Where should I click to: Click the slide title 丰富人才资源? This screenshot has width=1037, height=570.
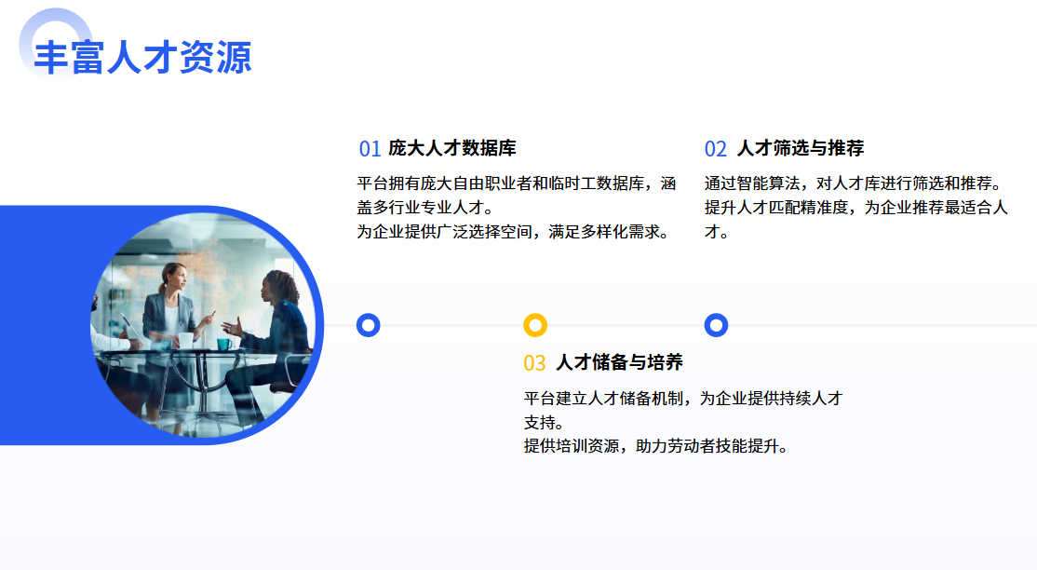[x=142, y=57]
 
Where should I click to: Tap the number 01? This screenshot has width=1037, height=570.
[x=370, y=149]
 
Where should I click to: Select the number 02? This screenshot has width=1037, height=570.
[x=716, y=149]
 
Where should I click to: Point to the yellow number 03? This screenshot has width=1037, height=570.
[x=534, y=363]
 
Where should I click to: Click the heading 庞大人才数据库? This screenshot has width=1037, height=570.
[x=452, y=148]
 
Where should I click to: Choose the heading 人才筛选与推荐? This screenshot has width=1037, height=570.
[x=801, y=148]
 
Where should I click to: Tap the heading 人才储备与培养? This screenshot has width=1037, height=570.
[x=620, y=362]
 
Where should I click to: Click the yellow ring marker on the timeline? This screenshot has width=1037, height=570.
[x=535, y=325]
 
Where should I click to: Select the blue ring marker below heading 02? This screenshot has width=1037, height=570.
[x=716, y=325]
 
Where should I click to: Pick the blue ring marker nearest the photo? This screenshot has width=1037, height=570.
[x=369, y=325]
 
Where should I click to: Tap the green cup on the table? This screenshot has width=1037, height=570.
[x=224, y=345]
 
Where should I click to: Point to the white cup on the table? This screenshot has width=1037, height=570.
[x=186, y=340]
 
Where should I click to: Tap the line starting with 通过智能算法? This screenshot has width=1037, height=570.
[x=855, y=183]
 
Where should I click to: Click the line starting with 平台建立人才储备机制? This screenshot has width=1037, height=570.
[x=683, y=398]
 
